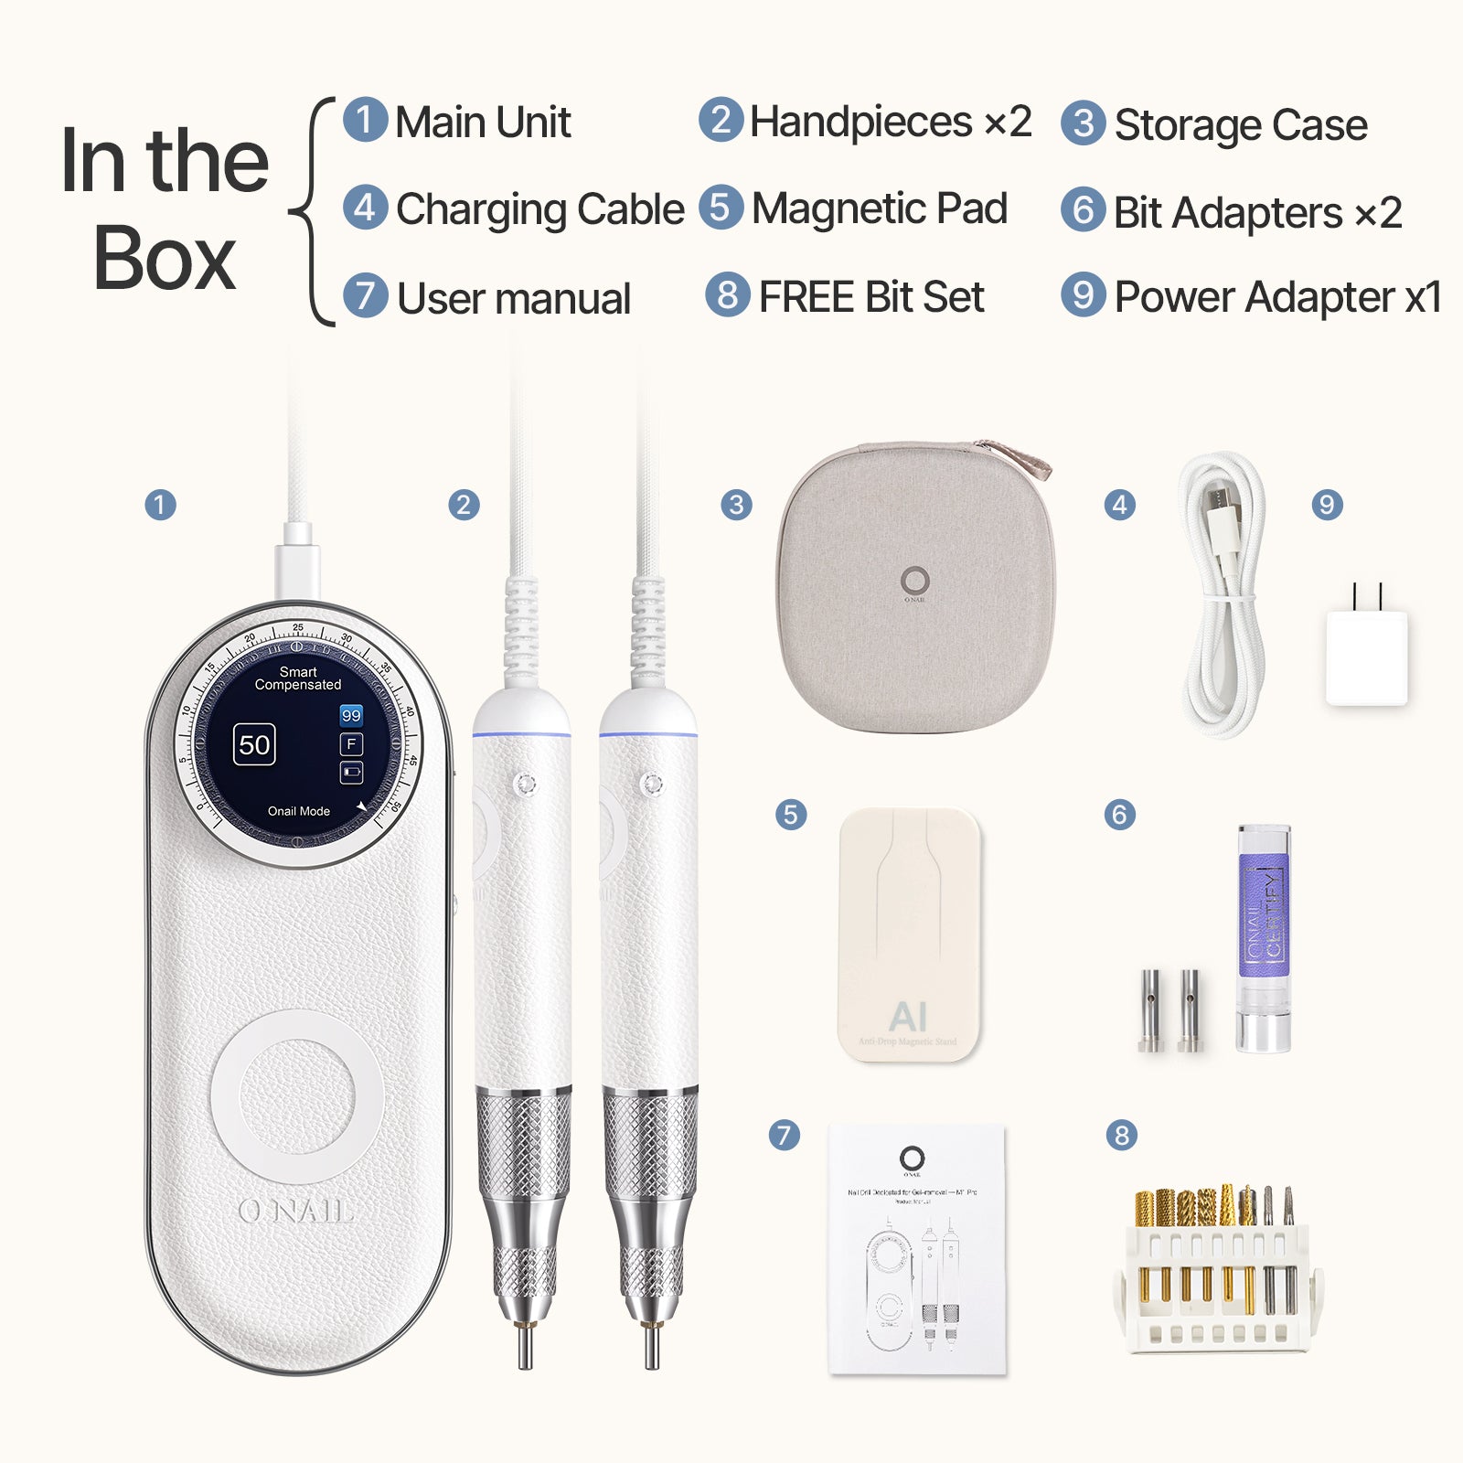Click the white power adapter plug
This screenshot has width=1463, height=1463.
point(1366,657)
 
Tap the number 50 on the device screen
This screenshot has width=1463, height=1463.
point(254,745)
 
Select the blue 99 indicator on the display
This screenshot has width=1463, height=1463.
point(351,715)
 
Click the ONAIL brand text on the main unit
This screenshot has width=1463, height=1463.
point(295,1211)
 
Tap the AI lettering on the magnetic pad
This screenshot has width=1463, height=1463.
point(908,1016)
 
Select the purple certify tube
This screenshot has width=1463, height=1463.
point(1264,937)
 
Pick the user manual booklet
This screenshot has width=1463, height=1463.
point(917,1248)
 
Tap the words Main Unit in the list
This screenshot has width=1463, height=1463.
point(483,123)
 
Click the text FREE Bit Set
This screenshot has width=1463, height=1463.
point(871,297)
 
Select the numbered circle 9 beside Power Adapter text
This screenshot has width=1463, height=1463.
point(1083,295)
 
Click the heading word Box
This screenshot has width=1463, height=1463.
point(165,258)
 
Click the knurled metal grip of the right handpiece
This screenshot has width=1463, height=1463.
point(650,1143)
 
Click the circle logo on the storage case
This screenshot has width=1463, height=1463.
point(914,580)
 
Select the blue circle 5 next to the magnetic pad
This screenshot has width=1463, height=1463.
point(791,814)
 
